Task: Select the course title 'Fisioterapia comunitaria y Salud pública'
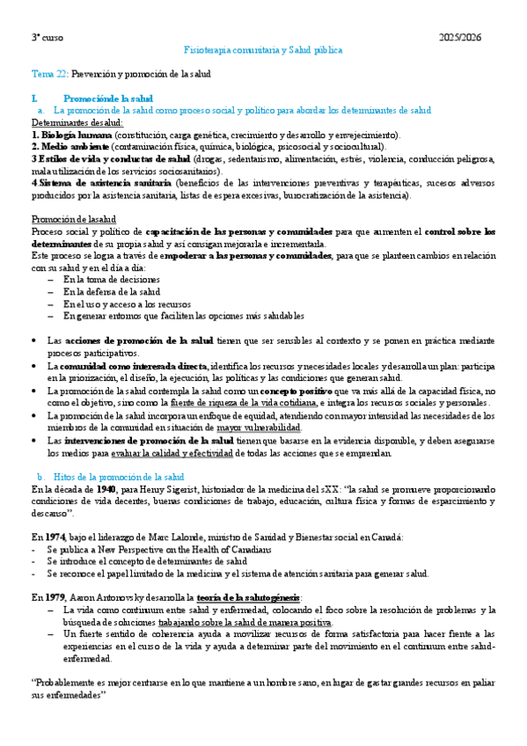coord(263,51)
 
